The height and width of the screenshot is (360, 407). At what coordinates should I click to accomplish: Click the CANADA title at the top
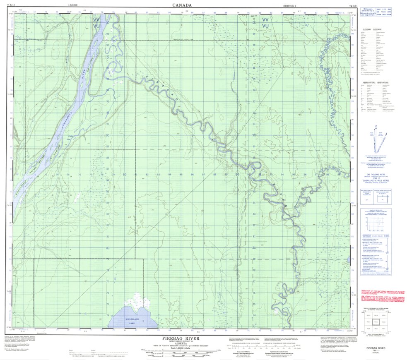[x=182, y=5]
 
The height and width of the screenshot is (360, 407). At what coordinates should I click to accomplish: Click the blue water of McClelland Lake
[x=137, y=317]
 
